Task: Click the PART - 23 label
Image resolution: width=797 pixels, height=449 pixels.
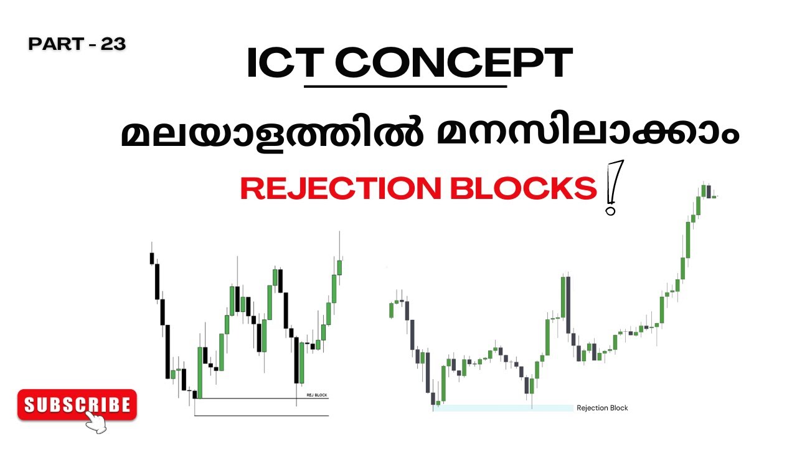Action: (x=77, y=44)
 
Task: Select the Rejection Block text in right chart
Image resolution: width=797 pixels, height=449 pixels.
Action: (x=602, y=408)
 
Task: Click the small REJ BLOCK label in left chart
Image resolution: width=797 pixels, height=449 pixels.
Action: (x=316, y=395)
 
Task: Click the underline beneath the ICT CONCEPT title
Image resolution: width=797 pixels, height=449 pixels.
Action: (x=405, y=86)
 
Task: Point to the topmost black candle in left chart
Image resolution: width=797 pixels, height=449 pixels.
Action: (x=151, y=258)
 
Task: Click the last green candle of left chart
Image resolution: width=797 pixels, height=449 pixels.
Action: (x=339, y=267)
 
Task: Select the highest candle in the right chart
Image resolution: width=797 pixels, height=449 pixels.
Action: (x=703, y=190)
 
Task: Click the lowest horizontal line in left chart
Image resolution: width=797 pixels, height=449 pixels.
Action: (x=262, y=415)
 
